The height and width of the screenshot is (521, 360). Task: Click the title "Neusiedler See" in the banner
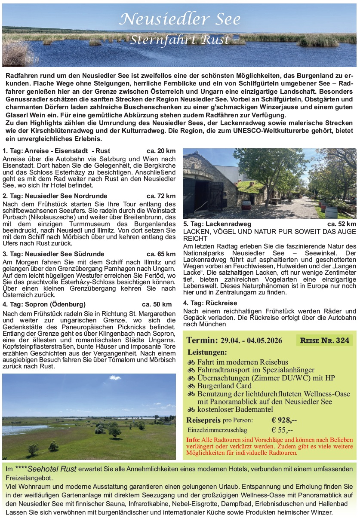tap(180, 19)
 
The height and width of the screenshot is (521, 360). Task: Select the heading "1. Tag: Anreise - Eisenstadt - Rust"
tap(56, 151)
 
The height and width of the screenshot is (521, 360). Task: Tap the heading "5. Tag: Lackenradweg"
tap(217, 224)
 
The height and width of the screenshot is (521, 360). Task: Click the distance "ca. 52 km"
tap(342, 224)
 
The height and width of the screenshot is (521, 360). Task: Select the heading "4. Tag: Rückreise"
tap(210, 303)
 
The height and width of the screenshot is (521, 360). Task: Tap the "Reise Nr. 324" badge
tap(324, 340)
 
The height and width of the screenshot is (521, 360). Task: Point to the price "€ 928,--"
tap(284, 420)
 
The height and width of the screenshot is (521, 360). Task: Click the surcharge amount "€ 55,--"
tap(282, 430)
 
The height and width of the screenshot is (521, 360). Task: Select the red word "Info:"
tap(193, 440)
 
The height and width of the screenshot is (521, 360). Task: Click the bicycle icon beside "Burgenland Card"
tap(191, 386)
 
